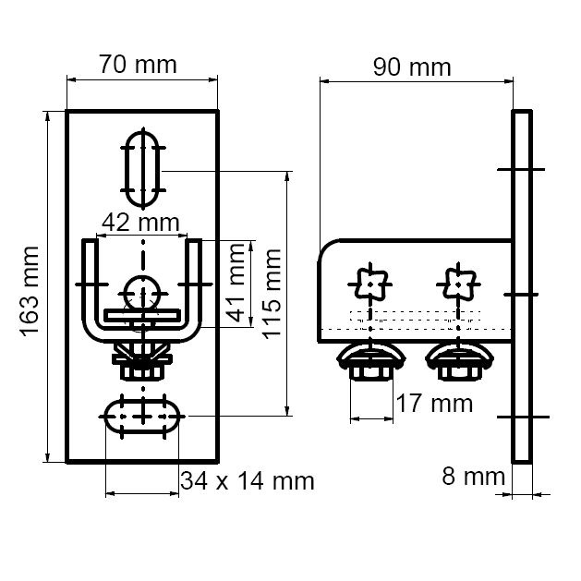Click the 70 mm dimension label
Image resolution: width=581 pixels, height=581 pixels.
(x=138, y=65)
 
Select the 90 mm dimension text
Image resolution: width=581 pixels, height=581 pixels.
(x=412, y=67)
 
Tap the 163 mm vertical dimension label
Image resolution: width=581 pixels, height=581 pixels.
(x=30, y=289)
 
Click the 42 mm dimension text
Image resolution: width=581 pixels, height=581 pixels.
(x=141, y=223)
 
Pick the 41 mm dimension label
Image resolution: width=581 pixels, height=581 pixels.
(x=238, y=284)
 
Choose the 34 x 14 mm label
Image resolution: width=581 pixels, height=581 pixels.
(x=247, y=480)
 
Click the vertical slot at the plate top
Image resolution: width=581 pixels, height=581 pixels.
(x=143, y=167)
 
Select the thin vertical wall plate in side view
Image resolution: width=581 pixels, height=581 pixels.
(x=522, y=286)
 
